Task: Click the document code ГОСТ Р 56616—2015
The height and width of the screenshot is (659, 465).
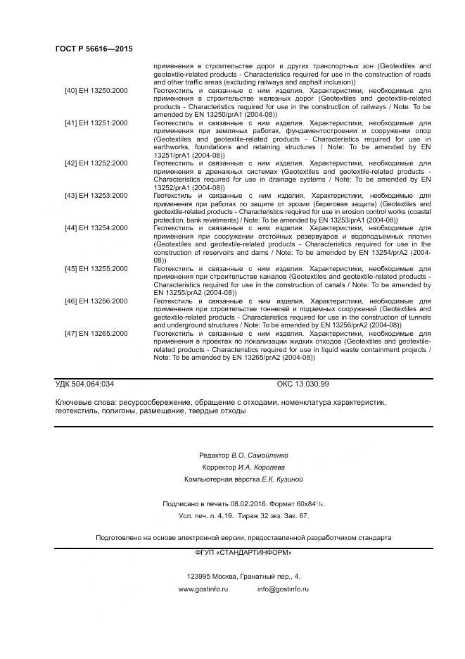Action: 94,49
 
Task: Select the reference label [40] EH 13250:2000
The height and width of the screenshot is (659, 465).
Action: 96,91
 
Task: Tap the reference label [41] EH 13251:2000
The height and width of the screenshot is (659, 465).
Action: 96,123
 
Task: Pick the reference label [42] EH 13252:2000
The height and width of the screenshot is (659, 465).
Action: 96,163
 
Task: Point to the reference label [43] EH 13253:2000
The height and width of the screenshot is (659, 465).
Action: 96,195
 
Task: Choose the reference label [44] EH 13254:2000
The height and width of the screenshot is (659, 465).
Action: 96,227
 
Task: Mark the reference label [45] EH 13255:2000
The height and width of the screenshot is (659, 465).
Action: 96,268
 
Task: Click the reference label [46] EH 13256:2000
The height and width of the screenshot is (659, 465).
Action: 96,301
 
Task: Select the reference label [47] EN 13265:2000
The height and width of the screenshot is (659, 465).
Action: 96,333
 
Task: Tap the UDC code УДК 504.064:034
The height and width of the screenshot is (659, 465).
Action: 84,384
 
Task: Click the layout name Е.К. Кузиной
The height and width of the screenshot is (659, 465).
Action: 282,479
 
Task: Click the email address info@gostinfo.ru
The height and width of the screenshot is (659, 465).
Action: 283,589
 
